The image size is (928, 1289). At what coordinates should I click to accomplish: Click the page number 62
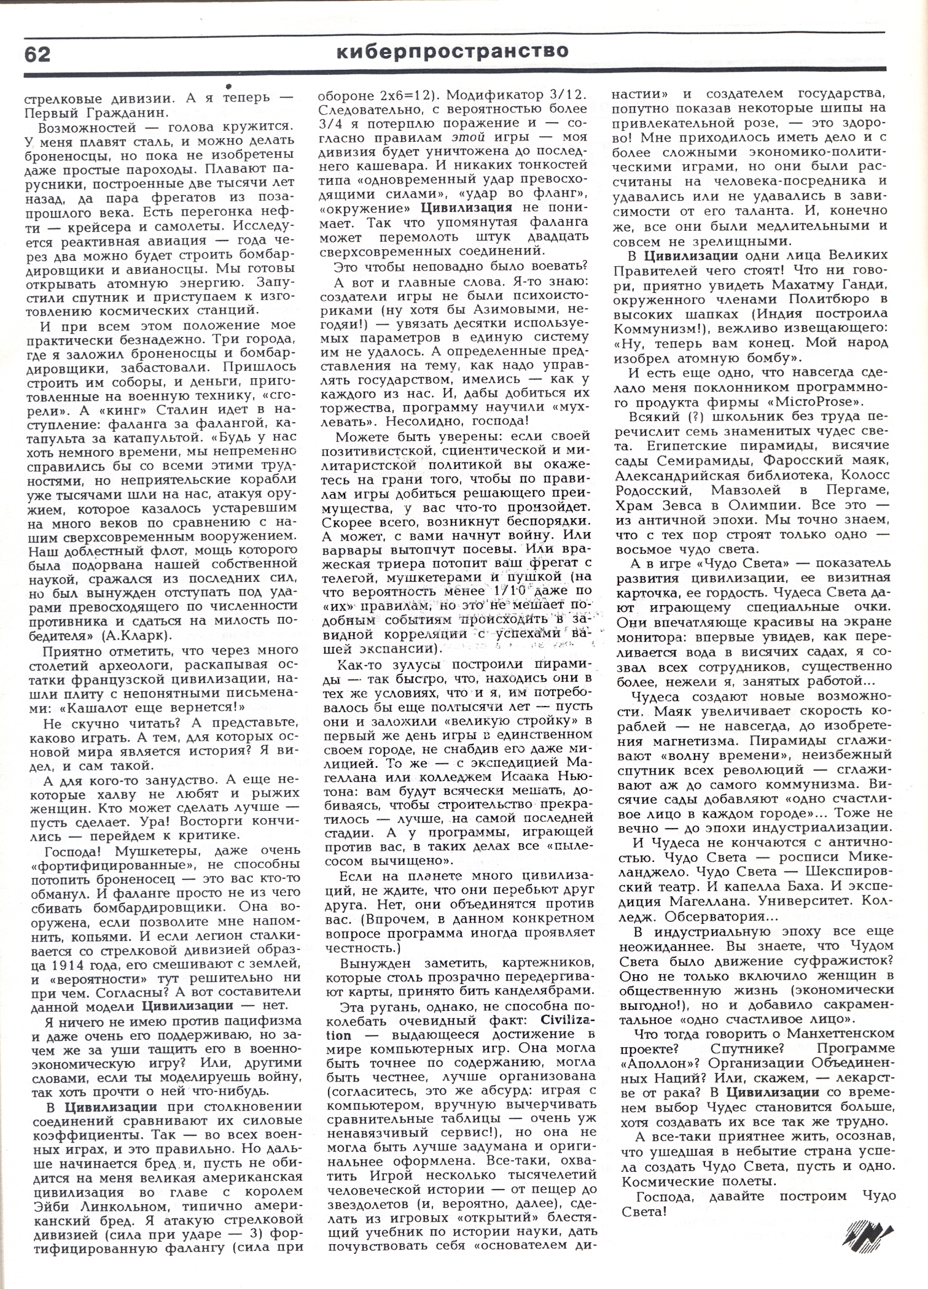pos(37,55)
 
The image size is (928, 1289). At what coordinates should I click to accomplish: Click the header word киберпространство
pos(452,52)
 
